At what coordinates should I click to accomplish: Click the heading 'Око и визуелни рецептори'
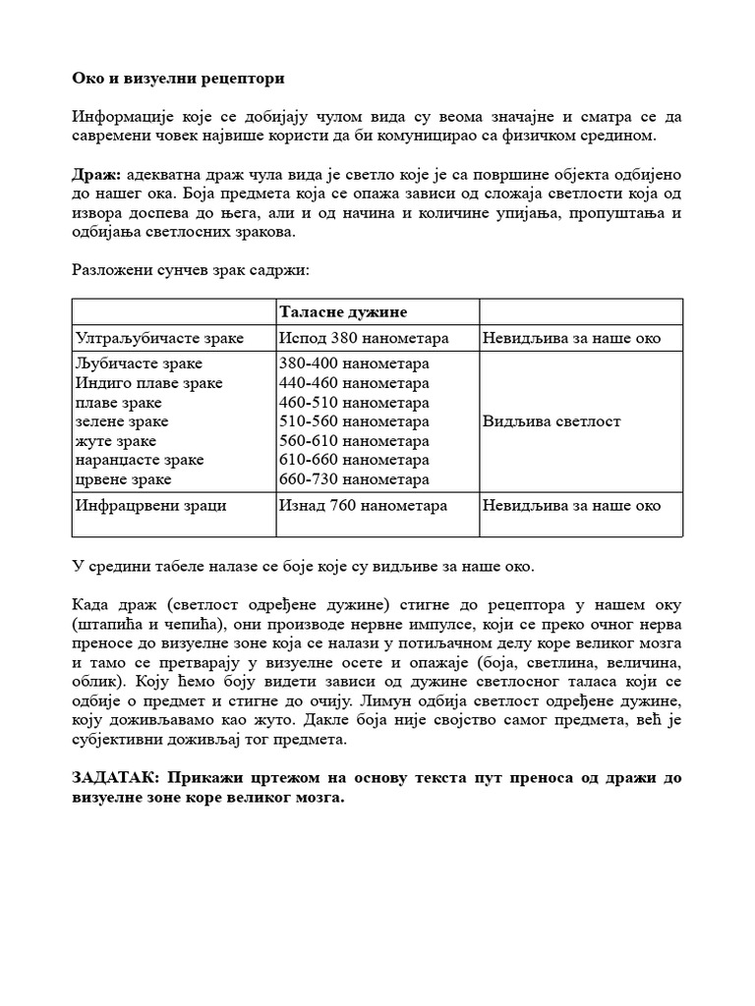(x=178, y=78)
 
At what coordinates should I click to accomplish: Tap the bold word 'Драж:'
(x=94, y=174)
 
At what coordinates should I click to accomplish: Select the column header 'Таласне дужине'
(x=343, y=311)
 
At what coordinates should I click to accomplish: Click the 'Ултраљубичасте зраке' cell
(x=159, y=339)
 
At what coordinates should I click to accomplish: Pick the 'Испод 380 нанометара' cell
(x=364, y=339)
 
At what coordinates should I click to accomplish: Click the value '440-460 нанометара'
(x=354, y=383)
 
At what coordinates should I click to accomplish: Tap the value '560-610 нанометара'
(x=354, y=441)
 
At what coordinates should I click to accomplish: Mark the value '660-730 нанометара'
(x=354, y=479)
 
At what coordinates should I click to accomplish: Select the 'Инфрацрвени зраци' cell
(x=150, y=506)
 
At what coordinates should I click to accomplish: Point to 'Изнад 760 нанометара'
(x=363, y=506)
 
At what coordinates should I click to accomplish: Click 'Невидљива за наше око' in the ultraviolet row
(x=571, y=339)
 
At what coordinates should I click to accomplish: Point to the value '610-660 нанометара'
(x=354, y=460)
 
